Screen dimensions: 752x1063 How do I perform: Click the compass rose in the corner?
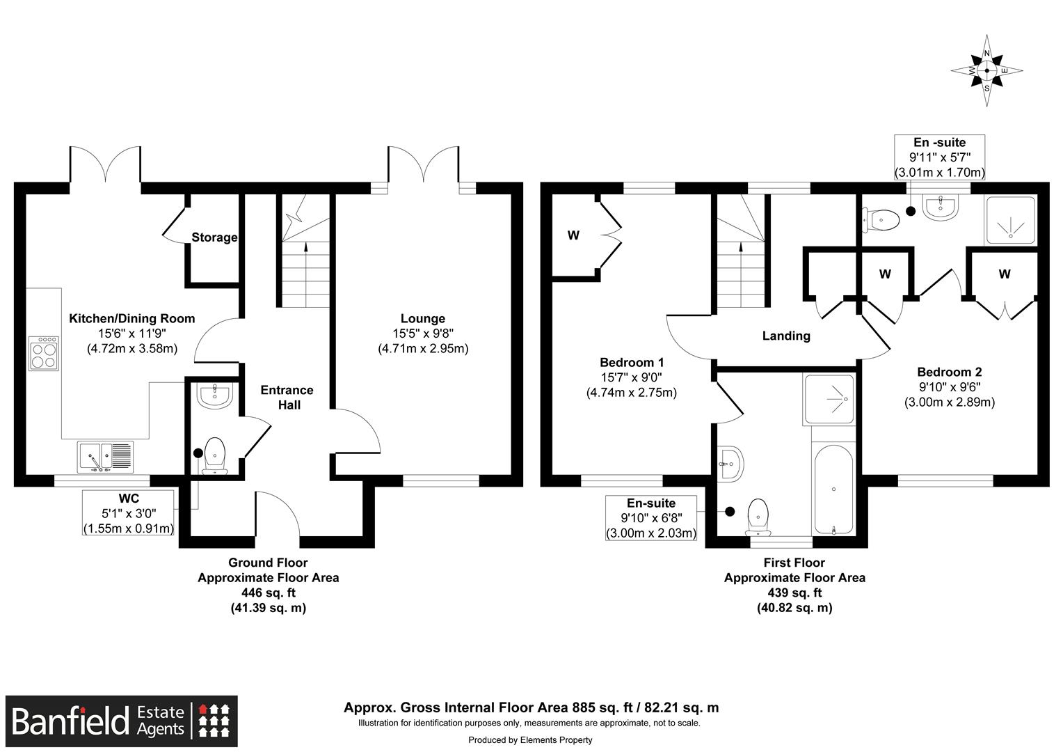(x=986, y=71)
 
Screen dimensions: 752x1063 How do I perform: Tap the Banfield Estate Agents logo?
(x=122, y=721)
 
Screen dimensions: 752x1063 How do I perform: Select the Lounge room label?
(x=422, y=319)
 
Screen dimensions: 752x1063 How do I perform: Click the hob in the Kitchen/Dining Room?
(x=44, y=353)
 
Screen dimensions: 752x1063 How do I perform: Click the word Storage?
(x=214, y=237)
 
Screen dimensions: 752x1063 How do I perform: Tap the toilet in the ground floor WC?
(x=214, y=456)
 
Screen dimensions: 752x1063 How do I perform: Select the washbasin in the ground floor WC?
(x=214, y=396)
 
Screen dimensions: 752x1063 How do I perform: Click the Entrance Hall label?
(x=287, y=397)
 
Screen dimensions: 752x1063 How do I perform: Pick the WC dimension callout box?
(x=129, y=513)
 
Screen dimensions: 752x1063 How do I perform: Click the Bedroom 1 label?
(x=632, y=362)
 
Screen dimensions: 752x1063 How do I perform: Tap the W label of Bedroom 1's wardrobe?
(x=573, y=235)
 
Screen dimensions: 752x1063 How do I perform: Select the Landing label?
(x=786, y=336)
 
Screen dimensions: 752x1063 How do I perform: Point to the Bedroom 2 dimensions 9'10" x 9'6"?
(x=949, y=387)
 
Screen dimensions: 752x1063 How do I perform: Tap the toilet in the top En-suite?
(x=882, y=219)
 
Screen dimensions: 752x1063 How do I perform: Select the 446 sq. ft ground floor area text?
(x=268, y=593)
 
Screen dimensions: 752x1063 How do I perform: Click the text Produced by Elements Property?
(x=530, y=739)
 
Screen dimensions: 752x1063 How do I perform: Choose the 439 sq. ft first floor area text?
(x=794, y=593)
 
